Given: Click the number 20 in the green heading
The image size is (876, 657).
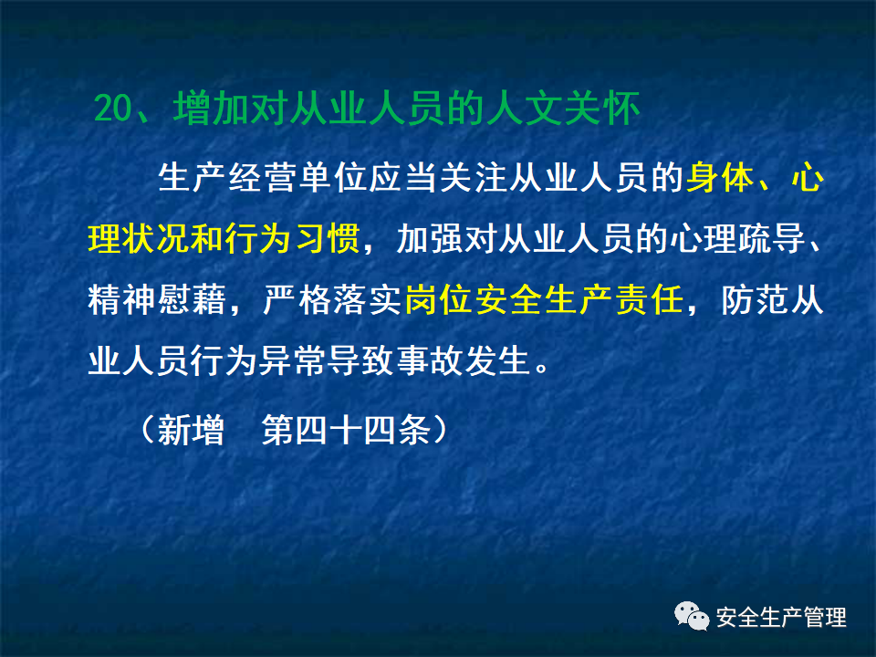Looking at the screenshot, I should pos(113,109).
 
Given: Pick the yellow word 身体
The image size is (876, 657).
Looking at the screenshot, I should pos(718,177).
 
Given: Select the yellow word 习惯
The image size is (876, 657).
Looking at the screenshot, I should pos(333,238).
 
